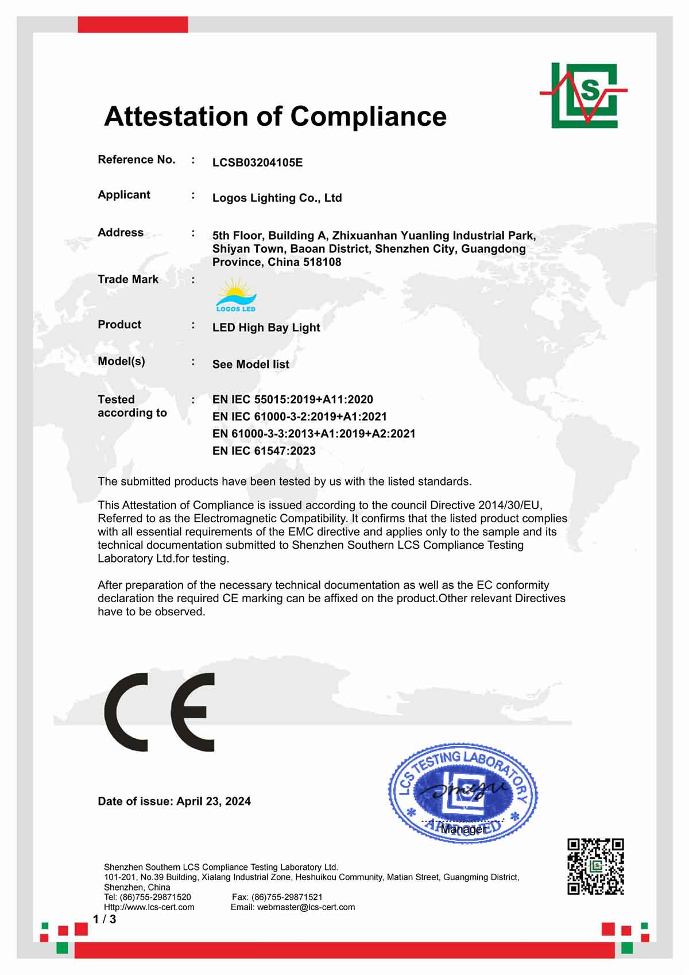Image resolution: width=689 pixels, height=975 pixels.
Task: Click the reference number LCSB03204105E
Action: pyautogui.click(x=257, y=163)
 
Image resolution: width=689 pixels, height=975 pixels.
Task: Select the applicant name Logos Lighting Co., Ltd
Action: pyautogui.click(x=277, y=198)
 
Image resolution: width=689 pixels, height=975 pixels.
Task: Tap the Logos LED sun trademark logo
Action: pyautogui.click(x=236, y=295)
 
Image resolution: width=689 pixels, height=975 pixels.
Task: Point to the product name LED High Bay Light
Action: pyautogui.click(x=266, y=327)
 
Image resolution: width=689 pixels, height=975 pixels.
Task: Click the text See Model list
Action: pyautogui.click(x=250, y=364)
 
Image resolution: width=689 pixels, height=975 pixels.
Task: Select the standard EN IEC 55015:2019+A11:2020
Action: pyautogui.click(x=292, y=399)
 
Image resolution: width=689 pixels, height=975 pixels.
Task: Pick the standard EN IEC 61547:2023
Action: pyautogui.click(x=264, y=451)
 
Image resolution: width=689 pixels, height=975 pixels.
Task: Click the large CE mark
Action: pyautogui.click(x=160, y=712)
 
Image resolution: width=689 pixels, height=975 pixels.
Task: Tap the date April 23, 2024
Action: pyautogui.click(x=214, y=801)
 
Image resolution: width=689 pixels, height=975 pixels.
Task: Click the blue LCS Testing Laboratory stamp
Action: pyautogui.click(x=463, y=793)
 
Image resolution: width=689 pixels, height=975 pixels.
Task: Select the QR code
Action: pyautogui.click(x=595, y=866)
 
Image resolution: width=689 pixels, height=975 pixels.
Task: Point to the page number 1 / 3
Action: pyautogui.click(x=104, y=919)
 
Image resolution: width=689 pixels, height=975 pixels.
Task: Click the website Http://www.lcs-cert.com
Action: pyautogui.click(x=149, y=907)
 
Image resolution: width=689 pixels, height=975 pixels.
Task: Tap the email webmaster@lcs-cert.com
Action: pyautogui.click(x=305, y=907)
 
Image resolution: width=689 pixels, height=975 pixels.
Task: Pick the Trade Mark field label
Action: pyautogui.click(x=128, y=279)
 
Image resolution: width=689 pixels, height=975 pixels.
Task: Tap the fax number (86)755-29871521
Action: pyautogui.click(x=287, y=897)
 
